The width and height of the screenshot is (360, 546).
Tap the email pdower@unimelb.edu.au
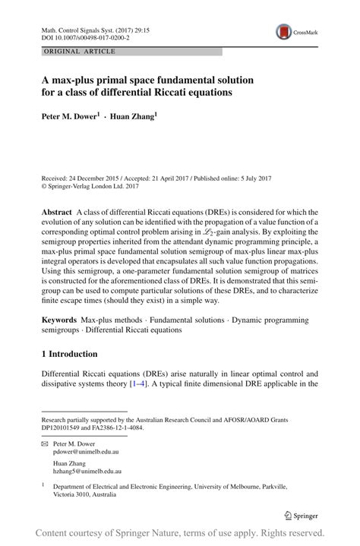coord(86,450)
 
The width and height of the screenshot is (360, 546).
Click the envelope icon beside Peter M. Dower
coord(46,441)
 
